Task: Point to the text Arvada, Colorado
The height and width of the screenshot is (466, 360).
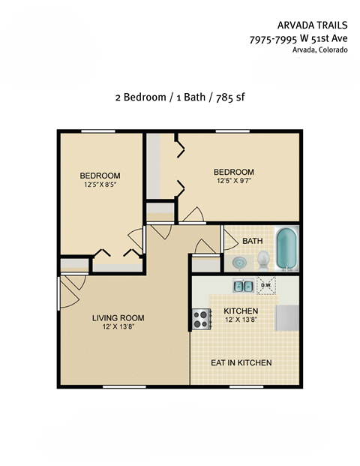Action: click(319, 50)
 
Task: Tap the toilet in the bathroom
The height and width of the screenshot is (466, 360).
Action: click(262, 260)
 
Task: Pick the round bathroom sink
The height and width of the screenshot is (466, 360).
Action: click(239, 263)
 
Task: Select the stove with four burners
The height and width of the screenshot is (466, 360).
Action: click(201, 320)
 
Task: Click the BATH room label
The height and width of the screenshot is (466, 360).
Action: click(252, 241)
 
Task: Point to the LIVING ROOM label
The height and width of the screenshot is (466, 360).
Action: click(118, 318)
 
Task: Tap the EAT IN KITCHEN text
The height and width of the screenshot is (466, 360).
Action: click(241, 363)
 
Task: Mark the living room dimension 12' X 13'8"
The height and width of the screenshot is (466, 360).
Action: click(118, 328)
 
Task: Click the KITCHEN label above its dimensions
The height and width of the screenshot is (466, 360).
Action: click(241, 311)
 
